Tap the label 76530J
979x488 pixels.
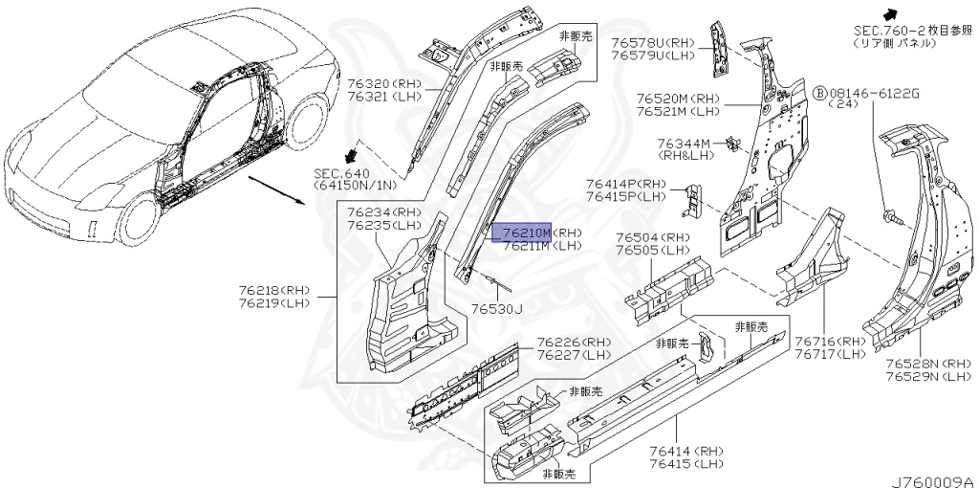point(497,309)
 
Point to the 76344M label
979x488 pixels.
point(685,144)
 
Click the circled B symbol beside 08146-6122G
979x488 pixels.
point(819,93)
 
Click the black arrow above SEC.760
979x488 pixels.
point(888,13)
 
